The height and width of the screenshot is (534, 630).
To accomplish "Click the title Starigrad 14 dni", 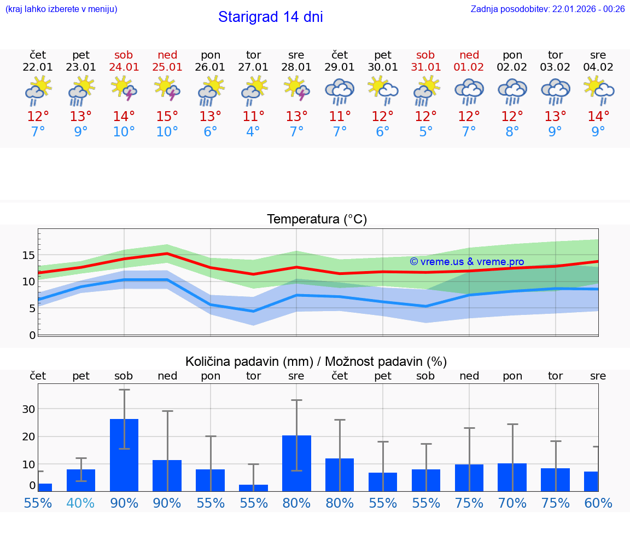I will coord(270,17).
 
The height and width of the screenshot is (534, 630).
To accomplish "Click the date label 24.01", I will coord(124,67).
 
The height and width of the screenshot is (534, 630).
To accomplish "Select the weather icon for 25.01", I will coord(167,89).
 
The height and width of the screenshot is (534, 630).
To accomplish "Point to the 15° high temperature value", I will coord(167,117).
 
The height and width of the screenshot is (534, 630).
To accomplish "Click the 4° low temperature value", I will coord(253,132).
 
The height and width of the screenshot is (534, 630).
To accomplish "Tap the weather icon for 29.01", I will coord(340,91).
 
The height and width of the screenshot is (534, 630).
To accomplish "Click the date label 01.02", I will coord(469,67).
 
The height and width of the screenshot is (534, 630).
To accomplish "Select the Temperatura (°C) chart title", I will coord(317,220).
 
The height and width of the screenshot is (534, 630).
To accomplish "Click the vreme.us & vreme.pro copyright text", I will coord(467,262).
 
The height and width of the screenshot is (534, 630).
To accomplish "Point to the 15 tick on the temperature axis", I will coord(28,255).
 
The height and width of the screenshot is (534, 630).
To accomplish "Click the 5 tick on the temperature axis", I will coord(32,308).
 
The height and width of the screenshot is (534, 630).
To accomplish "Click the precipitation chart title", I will coord(316,361).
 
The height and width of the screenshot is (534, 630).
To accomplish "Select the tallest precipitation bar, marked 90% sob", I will coord(124,455).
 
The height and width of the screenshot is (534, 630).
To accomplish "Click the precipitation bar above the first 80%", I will coord(296,463).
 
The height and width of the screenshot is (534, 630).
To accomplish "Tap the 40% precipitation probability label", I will coord(81,503).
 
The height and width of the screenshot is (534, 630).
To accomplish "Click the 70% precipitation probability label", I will coord(512,503).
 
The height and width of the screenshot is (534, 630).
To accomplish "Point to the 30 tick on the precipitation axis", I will coord(28,409).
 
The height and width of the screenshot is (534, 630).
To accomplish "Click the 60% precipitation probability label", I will coord(598,503).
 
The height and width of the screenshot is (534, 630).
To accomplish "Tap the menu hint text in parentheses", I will coord(61,9).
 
